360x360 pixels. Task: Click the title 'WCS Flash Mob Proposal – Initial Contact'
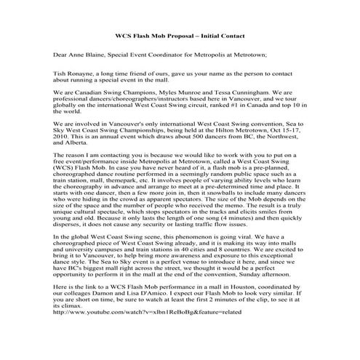(180, 36)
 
